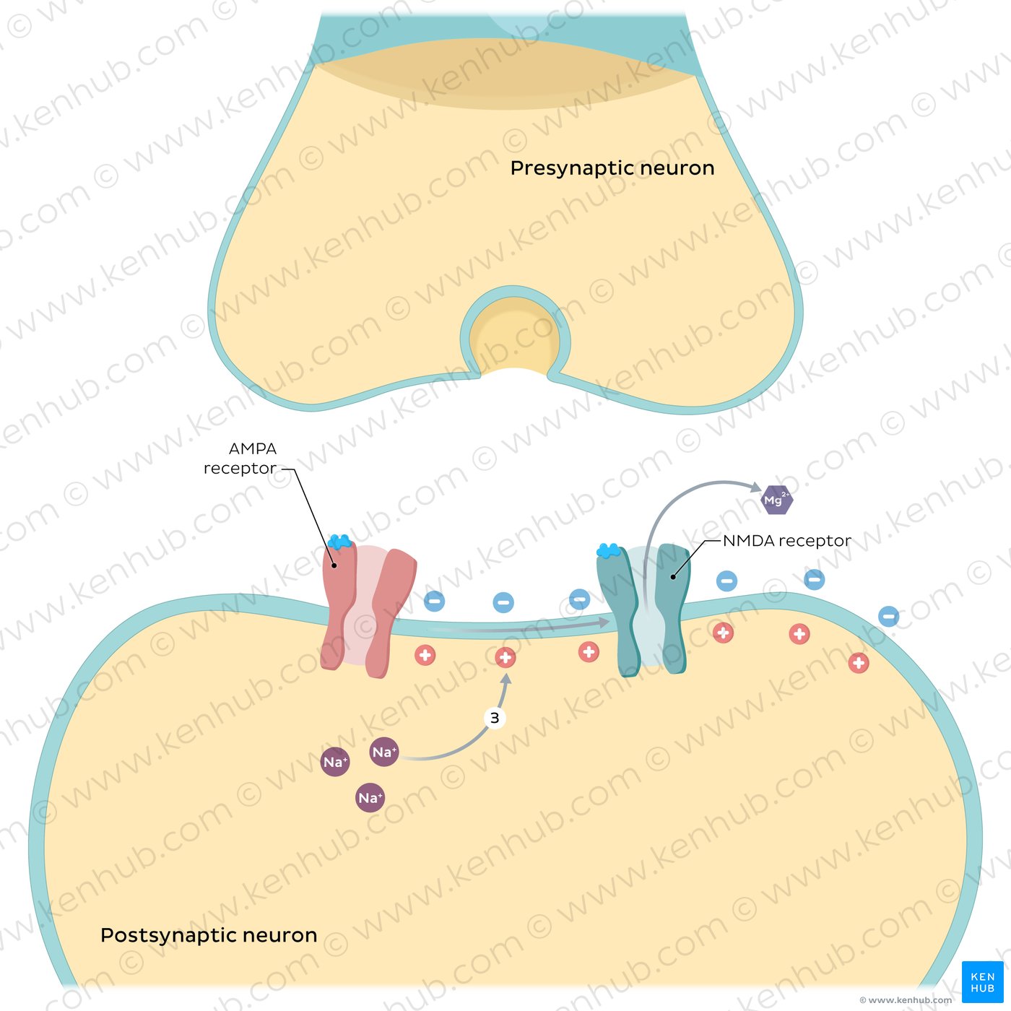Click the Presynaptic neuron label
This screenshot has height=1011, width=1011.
click(612, 168)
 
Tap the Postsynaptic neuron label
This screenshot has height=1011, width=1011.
click(209, 935)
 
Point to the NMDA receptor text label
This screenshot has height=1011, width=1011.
click(786, 540)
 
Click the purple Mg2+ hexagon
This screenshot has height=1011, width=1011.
click(777, 500)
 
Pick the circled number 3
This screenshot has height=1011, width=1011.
click(495, 718)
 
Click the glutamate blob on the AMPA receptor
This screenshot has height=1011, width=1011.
click(339, 542)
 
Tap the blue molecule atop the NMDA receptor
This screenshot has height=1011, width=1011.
click(609, 552)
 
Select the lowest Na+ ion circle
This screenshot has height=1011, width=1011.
click(370, 797)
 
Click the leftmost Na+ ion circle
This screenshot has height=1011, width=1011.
click(335, 762)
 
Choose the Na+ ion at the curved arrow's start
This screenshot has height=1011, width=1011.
click(383, 752)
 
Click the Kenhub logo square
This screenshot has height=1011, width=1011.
click(982, 982)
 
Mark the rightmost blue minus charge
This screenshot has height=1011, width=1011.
click(888, 616)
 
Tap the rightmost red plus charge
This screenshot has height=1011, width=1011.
click(858, 662)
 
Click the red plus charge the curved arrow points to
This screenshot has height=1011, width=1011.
click(505, 657)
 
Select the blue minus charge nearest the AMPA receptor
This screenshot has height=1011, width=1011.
click(434, 600)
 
